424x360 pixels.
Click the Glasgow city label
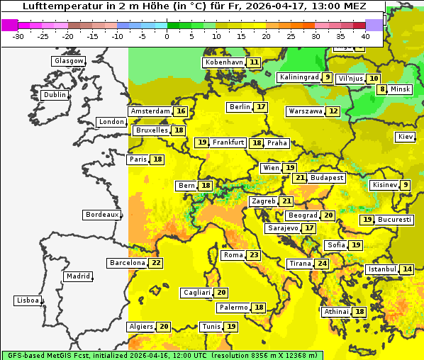point(69,61)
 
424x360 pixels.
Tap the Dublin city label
point(55,95)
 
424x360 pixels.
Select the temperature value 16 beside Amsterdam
point(181,111)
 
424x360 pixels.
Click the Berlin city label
point(240,107)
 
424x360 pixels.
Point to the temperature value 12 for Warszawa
point(333,111)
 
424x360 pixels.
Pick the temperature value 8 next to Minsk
point(382,89)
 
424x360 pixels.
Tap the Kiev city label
point(406,137)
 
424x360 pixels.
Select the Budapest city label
point(327,178)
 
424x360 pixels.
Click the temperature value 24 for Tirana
point(322,264)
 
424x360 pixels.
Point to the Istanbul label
point(382,269)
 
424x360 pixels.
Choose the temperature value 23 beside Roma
point(253,255)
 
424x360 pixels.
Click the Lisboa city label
point(28,300)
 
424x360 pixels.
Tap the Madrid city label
point(78,276)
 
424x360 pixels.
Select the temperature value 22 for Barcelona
point(156,263)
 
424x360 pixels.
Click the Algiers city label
point(140,327)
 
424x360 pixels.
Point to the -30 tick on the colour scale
point(18,36)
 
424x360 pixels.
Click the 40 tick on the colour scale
point(365,36)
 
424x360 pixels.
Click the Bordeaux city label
point(101,215)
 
